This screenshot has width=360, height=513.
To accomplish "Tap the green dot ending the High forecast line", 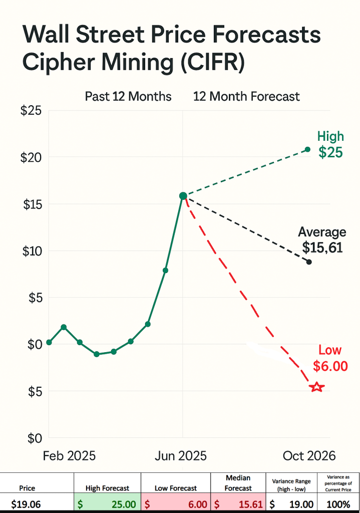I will [307, 149].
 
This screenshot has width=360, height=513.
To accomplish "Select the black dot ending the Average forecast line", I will [309, 262].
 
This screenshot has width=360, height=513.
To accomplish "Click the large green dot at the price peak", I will [183, 196].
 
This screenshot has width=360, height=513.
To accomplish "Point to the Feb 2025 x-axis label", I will [69, 456].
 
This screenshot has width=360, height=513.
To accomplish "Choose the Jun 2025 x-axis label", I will [181, 456].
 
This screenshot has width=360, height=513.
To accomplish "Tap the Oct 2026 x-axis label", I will [309, 456].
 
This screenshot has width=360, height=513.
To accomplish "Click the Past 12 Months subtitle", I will [128, 96].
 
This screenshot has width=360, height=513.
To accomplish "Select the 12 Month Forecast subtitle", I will [246, 96].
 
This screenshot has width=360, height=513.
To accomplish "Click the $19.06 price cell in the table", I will [27, 503].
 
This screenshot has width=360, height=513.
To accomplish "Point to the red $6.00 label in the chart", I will [330, 366].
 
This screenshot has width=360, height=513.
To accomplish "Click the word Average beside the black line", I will [322, 232].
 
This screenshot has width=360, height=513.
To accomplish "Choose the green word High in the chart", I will [330, 136].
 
